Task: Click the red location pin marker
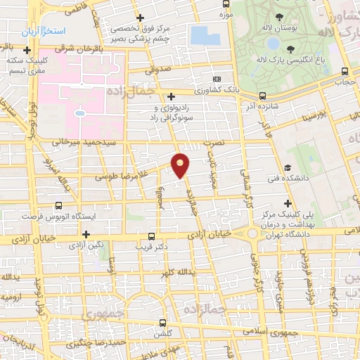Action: [x=181, y=165]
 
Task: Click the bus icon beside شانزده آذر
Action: [x=262, y=95]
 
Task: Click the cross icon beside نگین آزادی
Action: [x=86, y=234]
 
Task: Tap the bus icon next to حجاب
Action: [x=345, y=71]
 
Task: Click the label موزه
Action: [x=226, y=14]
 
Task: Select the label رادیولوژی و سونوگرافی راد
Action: [x=172, y=112]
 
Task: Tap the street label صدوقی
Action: [x=158, y=69]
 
